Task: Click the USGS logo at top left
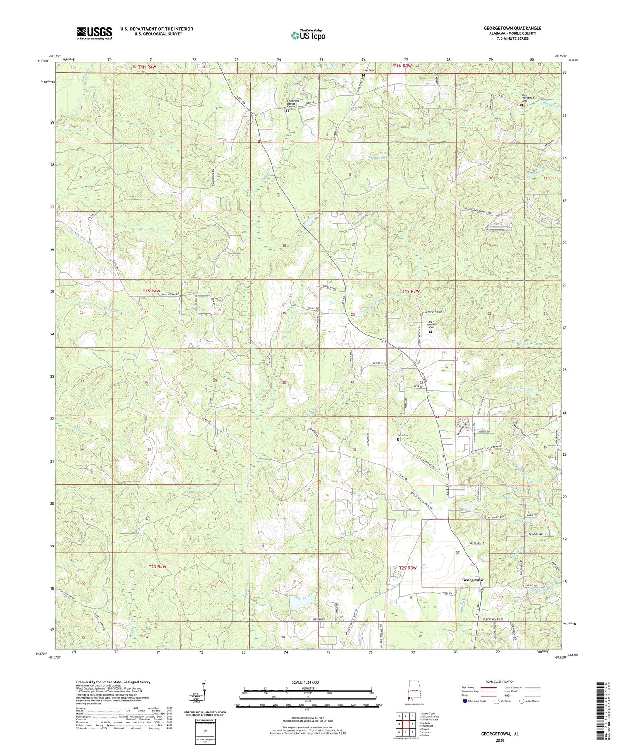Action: click(x=94, y=33)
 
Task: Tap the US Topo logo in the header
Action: click(x=308, y=35)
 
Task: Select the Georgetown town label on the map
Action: click(x=472, y=580)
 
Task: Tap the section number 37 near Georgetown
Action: click(x=458, y=552)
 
